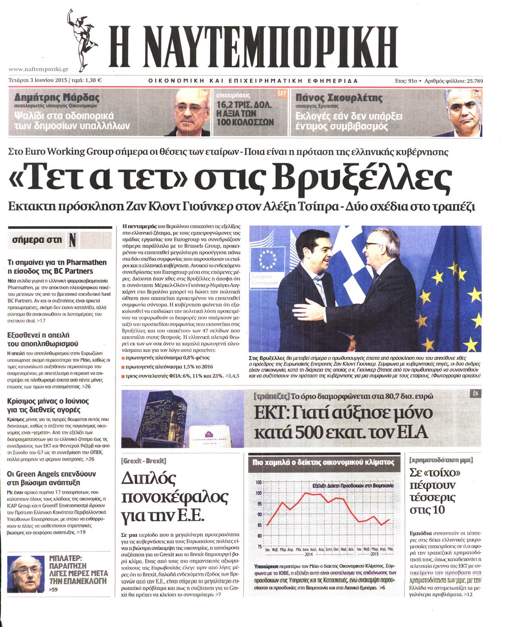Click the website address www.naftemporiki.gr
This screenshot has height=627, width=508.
tap(39, 69)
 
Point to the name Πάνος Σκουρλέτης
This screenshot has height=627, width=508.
tap(338, 97)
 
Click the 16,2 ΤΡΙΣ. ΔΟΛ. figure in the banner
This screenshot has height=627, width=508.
tap(244, 105)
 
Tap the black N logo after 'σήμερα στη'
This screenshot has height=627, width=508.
tap(73, 240)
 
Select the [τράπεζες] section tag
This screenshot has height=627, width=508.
tap(271, 396)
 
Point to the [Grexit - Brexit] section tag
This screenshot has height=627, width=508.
tap(143, 461)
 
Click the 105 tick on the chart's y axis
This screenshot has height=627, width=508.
tap(259, 483)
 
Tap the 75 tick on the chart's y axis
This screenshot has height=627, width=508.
tap(259, 546)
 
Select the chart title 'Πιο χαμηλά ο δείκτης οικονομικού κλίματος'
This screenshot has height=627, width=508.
tap(323, 462)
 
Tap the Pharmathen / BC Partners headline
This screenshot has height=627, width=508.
tap(57, 267)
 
